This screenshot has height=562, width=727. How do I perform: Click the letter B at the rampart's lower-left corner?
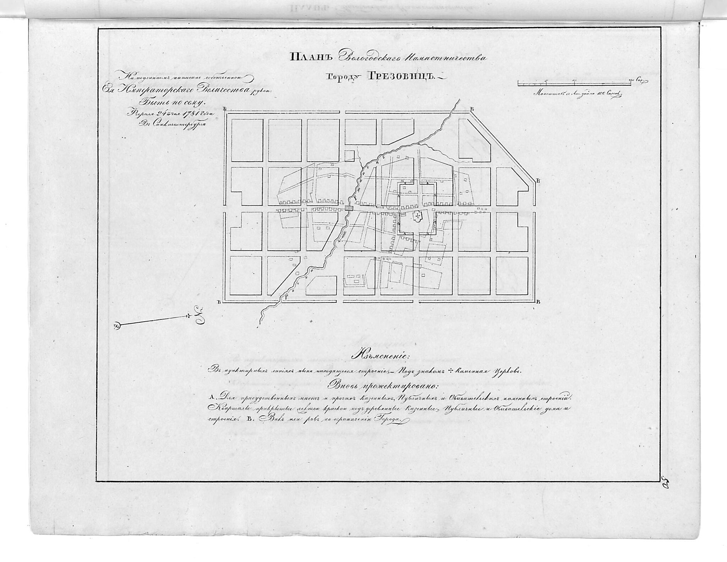(219, 302)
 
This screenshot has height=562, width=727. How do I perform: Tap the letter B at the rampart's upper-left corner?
(225, 108)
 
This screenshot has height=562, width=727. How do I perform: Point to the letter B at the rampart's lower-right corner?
(539, 302)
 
